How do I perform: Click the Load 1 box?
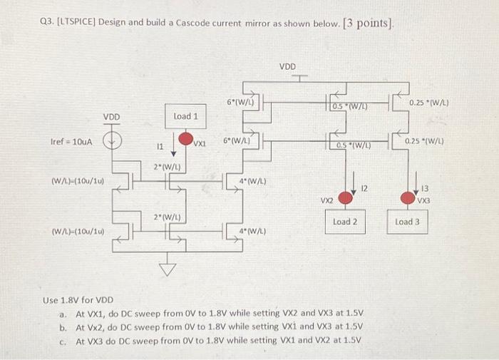185,115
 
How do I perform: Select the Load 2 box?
345,222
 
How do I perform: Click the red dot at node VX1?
185,138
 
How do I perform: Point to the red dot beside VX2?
345,197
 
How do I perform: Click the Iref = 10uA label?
72,142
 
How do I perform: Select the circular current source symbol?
111,141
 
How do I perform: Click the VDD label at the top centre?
287,66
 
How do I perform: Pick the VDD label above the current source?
112,116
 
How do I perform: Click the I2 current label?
363,188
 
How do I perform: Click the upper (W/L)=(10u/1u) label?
78,181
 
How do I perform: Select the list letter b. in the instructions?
63,327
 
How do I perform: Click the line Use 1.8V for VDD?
79,300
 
